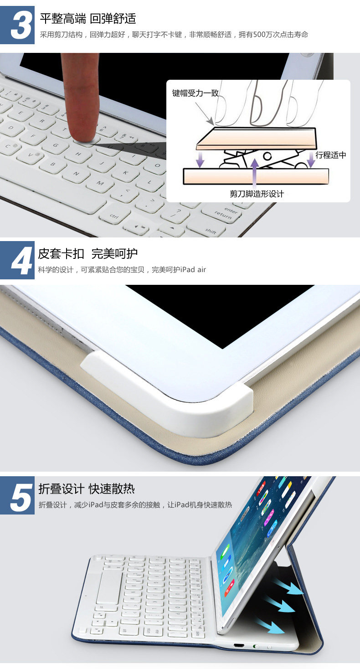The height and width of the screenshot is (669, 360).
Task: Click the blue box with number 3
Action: point(17,25)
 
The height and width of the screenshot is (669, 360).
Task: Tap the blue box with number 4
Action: point(17,260)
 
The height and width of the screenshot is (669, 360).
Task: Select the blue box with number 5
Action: point(17,495)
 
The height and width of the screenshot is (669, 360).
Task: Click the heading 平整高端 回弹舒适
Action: point(88,19)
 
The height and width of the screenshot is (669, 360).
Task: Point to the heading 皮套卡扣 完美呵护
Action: point(88,253)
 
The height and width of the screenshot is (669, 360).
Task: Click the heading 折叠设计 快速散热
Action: point(87,489)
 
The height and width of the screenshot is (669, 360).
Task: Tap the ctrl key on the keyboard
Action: point(114,216)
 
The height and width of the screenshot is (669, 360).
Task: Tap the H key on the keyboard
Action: point(78,154)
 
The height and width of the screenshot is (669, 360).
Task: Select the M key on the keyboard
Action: point(100,183)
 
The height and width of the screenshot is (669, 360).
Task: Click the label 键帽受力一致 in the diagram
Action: point(195,93)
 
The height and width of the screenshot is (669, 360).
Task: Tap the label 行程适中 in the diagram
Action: point(331,155)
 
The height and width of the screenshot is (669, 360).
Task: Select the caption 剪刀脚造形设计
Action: point(257,194)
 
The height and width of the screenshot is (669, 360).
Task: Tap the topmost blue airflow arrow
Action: point(288,587)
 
